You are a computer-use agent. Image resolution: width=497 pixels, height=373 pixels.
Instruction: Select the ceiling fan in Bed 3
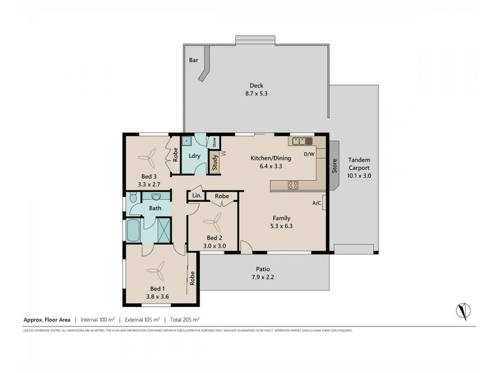[151, 159]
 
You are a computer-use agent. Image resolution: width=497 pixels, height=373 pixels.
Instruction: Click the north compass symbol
[462, 309]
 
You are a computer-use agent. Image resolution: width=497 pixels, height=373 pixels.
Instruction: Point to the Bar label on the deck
[194, 60]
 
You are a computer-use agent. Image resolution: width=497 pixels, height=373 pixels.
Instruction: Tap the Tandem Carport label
[359, 163]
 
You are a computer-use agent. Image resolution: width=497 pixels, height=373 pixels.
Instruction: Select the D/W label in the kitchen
[309, 154]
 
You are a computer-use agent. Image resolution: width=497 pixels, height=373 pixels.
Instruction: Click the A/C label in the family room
[316, 203]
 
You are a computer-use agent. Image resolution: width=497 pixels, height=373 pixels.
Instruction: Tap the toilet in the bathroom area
[132, 199]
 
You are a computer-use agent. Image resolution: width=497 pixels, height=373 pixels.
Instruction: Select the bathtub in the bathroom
[133, 231]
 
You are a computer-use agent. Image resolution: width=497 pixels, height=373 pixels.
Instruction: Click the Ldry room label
[194, 155]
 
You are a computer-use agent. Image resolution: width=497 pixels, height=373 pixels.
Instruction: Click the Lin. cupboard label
[197, 196]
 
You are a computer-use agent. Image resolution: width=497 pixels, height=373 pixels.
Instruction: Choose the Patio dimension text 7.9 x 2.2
[263, 277]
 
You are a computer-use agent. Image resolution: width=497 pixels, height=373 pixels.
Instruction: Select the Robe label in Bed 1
[193, 280]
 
